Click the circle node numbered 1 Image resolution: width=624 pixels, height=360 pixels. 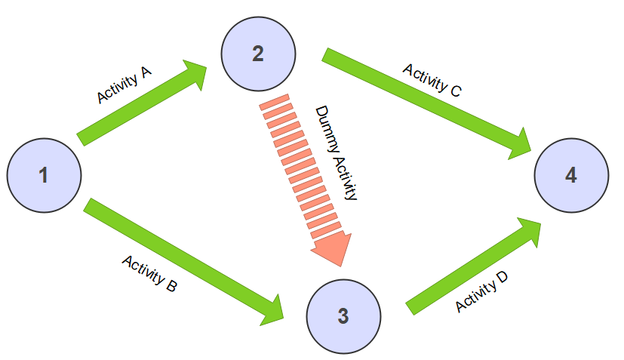(x=45, y=175)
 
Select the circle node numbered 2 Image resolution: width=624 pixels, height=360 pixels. (x=258, y=54)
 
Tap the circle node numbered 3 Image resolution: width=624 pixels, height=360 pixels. (x=343, y=316)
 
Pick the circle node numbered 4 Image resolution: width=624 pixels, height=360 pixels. (x=571, y=175)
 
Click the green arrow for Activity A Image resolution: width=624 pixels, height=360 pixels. (x=142, y=103)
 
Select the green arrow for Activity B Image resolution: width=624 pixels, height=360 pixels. (x=183, y=262)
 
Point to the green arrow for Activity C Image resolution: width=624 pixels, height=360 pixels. (x=426, y=104)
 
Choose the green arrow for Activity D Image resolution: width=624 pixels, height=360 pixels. (x=474, y=266)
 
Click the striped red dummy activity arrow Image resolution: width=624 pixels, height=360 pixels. (x=306, y=180)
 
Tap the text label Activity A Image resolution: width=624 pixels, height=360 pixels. (x=124, y=85)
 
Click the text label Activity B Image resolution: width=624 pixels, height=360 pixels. (x=149, y=273)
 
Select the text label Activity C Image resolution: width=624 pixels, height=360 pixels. (x=432, y=80)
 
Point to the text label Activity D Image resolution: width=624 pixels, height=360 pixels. (x=481, y=292)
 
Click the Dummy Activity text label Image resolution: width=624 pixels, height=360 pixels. (x=337, y=152)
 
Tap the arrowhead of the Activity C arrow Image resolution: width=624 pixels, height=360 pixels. (x=520, y=145)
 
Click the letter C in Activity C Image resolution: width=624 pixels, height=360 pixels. (x=456, y=91)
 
